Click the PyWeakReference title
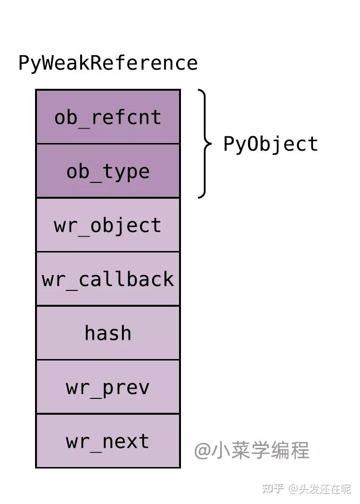108,63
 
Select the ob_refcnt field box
108,117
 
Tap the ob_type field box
108,171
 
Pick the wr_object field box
108,225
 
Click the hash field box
108,333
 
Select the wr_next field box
108,441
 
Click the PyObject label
271,144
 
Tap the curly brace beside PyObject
205,144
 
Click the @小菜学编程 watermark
252,451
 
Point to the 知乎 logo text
272,489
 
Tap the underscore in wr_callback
72,287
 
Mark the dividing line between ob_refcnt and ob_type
108,144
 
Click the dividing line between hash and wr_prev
108,360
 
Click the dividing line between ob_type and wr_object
108,198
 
